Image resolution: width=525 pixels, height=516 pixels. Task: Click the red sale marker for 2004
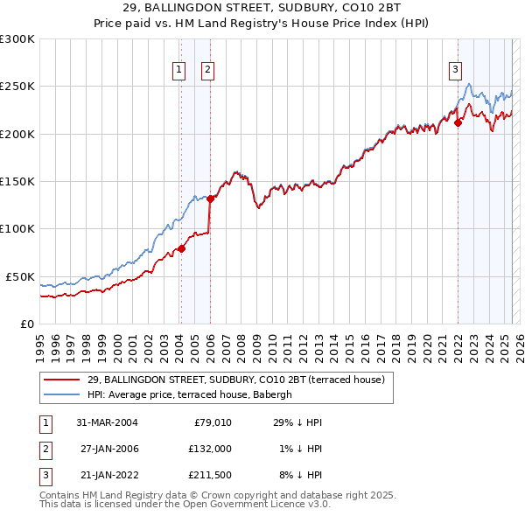[x=181, y=248]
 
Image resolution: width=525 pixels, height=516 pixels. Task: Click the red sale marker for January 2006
[x=210, y=199]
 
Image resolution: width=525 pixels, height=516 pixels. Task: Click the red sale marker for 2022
[x=458, y=123]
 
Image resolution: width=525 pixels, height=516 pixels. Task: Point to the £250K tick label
[x=17, y=87]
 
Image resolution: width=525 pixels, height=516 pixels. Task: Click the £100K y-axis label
[x=17, y=228]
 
